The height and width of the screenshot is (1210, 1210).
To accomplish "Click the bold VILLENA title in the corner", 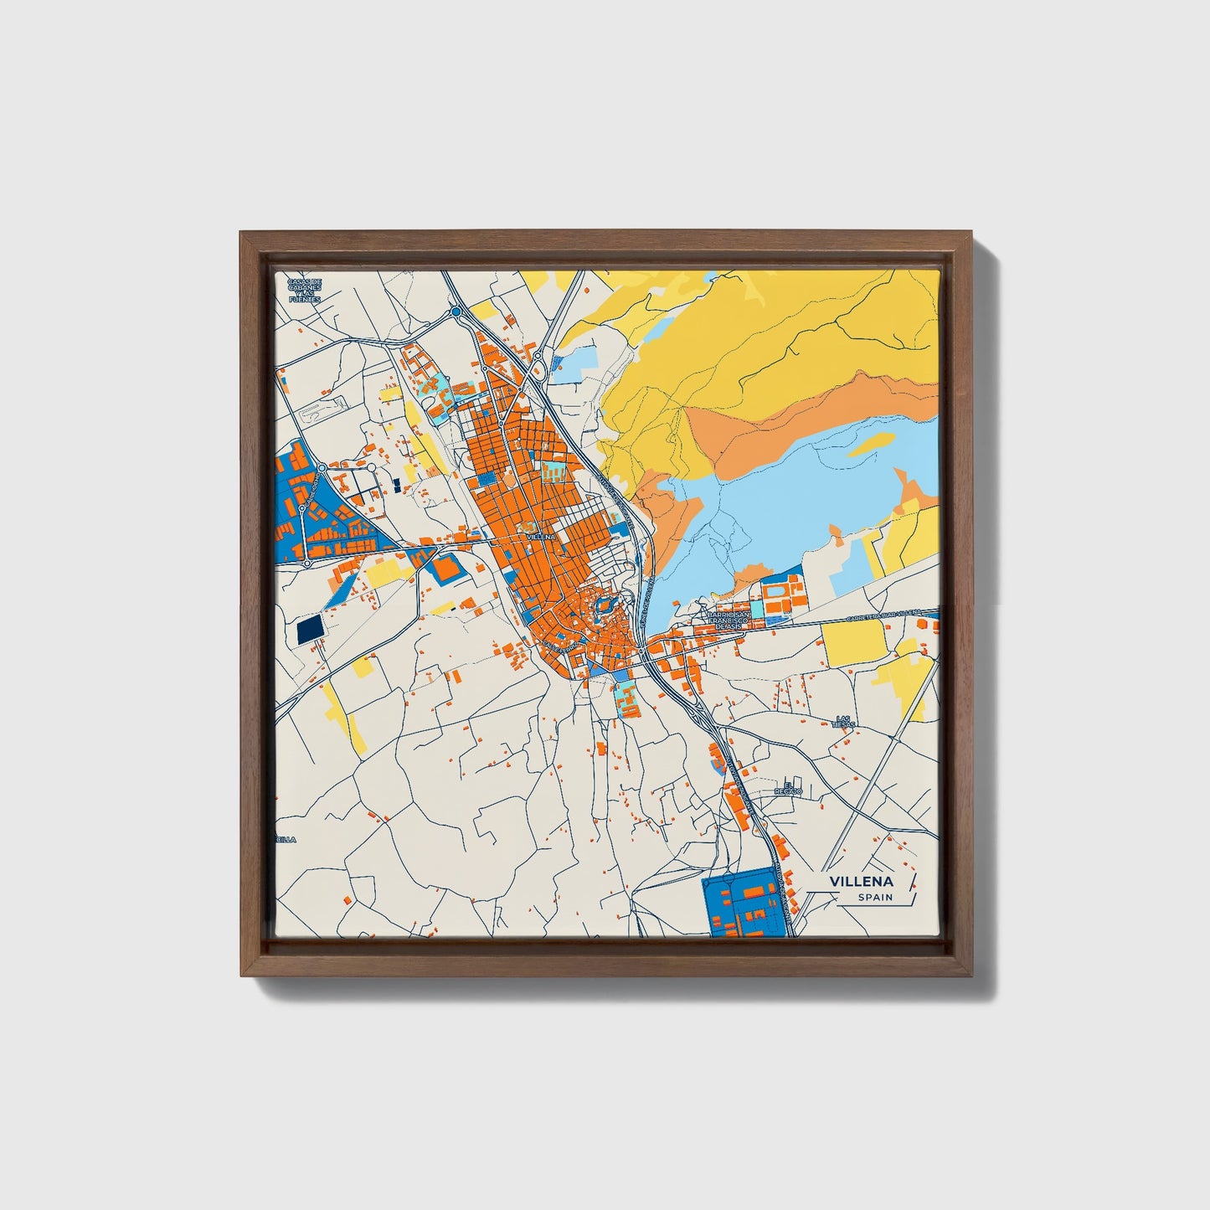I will [861, 881].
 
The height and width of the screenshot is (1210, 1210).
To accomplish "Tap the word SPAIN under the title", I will [874, 898].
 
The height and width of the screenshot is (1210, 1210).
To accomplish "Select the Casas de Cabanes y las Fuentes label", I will [304, 290].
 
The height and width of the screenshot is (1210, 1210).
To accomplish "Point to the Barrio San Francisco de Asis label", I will [724, 620].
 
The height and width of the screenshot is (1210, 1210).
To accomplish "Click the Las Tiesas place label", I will [845, 722].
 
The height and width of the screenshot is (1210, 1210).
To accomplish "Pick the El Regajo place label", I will [788, 788].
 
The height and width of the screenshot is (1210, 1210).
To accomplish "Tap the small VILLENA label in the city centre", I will [540, 536].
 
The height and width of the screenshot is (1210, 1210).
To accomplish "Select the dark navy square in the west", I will [309, 630].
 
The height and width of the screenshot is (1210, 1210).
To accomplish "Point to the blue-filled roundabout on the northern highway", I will [456, 312].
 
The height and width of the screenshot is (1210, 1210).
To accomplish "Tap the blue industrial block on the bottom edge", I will [747, 904].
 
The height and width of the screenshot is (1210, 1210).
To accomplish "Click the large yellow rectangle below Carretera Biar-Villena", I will [853, 641].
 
